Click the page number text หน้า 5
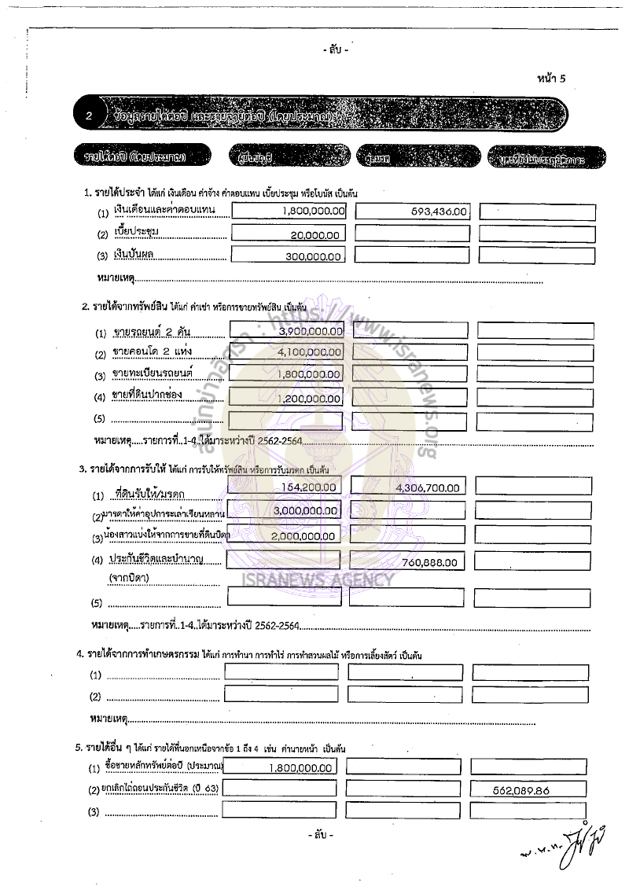point(551,78)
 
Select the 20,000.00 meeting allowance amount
point(314,235)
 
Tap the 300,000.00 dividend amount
point(311,256)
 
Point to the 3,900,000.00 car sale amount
point(311,332)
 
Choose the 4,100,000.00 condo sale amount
point(310,354)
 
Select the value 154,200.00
point(309,487)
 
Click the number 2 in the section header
point(90,116)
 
